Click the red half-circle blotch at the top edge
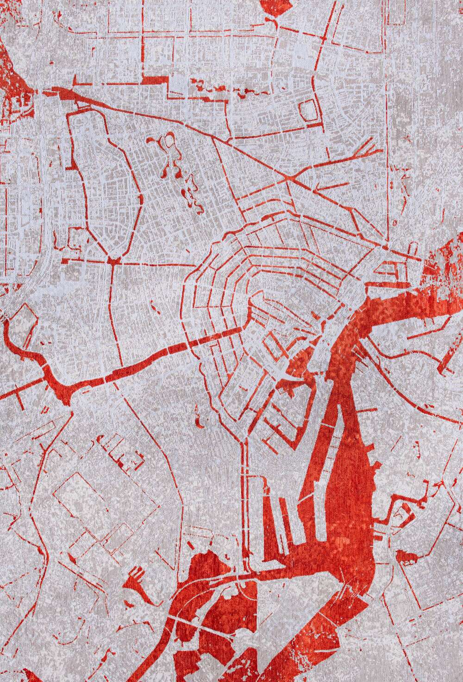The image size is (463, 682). click(x=273, y=6)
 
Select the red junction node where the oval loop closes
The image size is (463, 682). click(x=111, y=261)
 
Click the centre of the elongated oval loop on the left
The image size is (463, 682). click(x=104, y=185)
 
